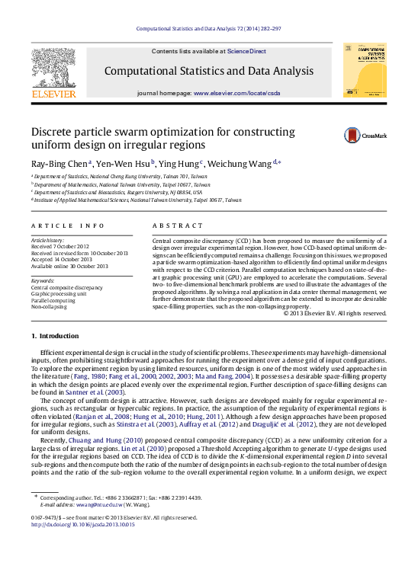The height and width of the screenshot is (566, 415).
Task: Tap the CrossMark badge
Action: [354, 136]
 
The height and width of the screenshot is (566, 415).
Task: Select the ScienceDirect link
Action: [246, 51]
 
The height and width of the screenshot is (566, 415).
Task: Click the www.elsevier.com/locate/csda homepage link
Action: [236, 93]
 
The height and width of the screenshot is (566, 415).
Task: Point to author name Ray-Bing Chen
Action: [60, 164]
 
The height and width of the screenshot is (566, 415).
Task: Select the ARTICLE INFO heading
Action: [68, 225]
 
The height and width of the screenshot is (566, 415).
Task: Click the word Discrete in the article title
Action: [51, 131]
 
